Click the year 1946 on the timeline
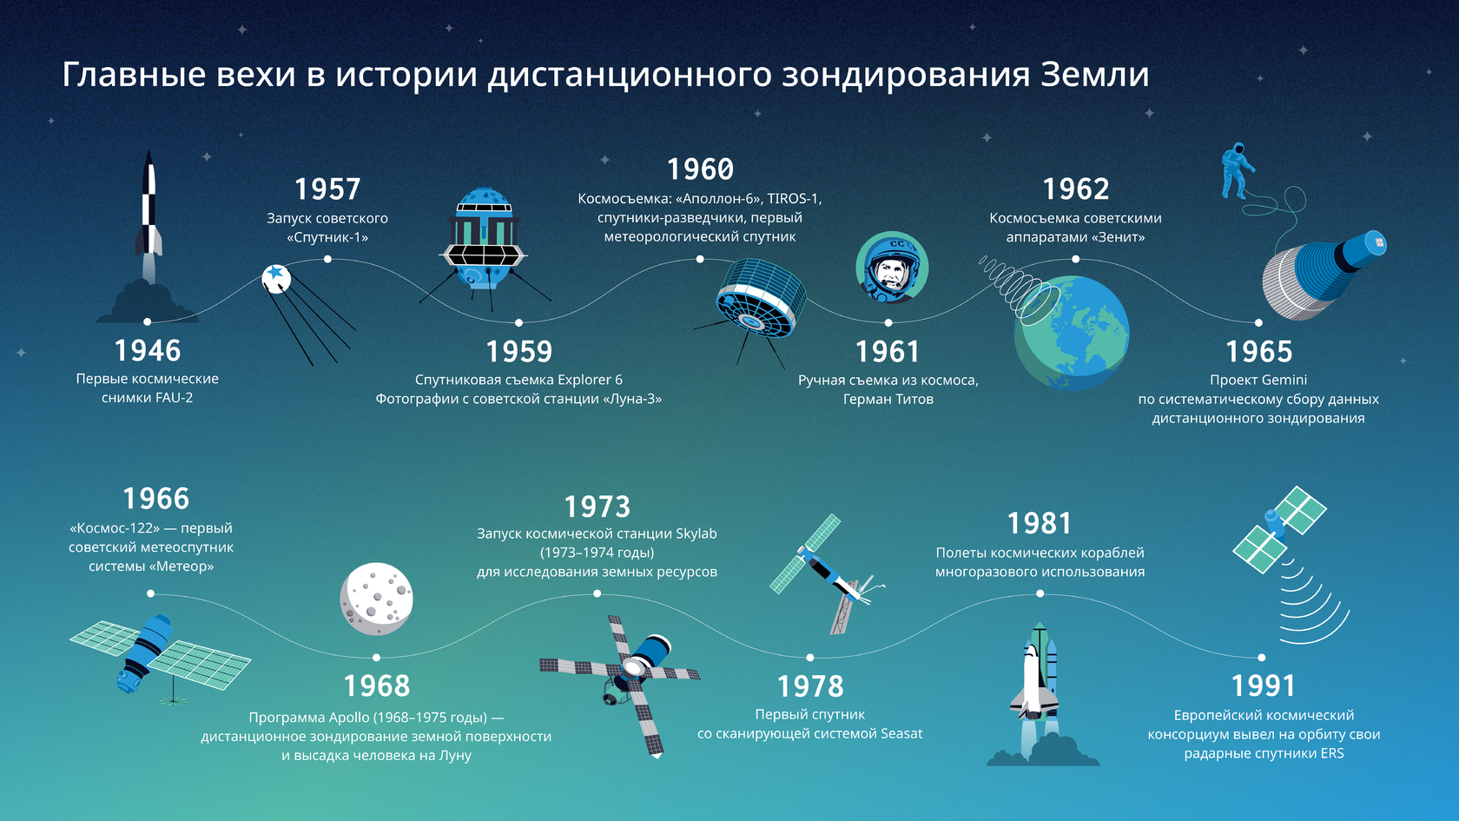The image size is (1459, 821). tap(148, 351)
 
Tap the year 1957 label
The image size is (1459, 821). tap(327, 189)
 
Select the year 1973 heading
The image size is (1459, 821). tap(597, 507)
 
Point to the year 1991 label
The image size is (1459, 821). tap(1264, 685)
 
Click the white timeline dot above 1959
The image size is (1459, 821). tap(518, 322)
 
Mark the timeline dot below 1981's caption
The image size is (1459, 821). tap(1040, 593)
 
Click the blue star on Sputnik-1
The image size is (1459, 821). tap(277, 272)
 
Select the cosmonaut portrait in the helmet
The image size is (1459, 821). tap(892, 268)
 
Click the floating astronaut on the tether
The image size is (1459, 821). tap(1237, 170)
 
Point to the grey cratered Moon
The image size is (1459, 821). tap(377, 599)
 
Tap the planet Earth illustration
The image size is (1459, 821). tap(1072, 333)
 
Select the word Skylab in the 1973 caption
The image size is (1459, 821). tap(696, 533)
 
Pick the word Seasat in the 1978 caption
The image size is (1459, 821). tap(901, 733)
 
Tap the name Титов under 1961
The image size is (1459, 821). tap(914, 399)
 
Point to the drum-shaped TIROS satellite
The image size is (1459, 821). tap(760, 299)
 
